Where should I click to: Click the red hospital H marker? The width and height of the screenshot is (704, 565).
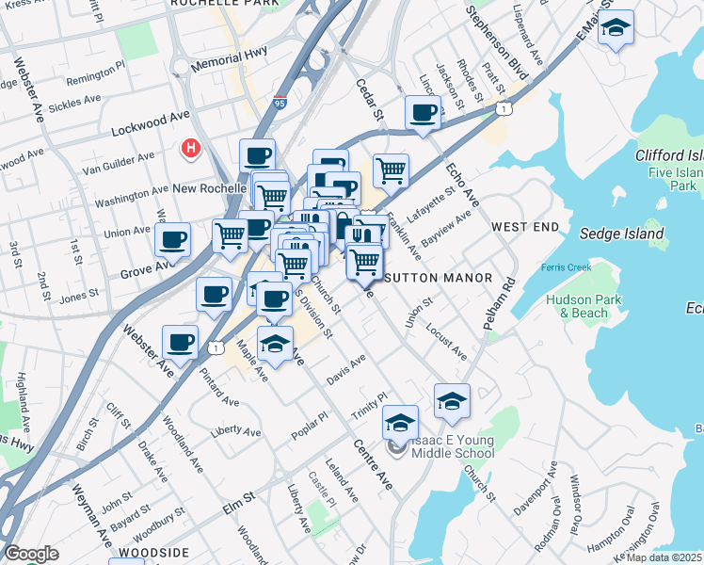click(x=191, y=149)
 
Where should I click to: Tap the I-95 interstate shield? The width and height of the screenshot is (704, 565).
click(x=280, y=103)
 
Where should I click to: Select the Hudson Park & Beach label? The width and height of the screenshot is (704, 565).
click(x=577, y=306)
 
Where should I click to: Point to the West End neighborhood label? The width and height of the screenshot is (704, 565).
click(x=524, y=227)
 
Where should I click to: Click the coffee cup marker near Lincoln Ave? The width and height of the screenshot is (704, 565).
click(x=423, y=113)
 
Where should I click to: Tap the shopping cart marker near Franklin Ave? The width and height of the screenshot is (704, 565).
click(x=391, y=170)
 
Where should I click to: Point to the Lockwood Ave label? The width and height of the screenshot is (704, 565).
click(x=150, y=124)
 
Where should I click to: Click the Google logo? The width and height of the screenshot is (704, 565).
click(x=30, y=554)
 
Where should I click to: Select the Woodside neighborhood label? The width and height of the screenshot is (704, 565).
click(x=144, y=553)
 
